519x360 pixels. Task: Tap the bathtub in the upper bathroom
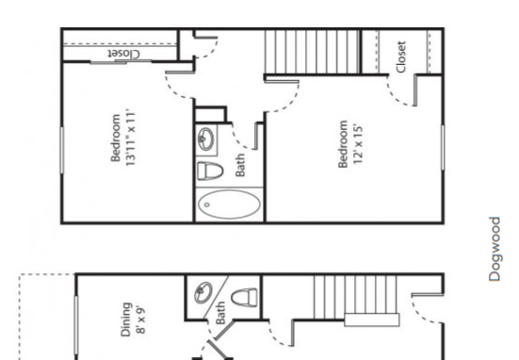pyautogui.click(x=229, y=205)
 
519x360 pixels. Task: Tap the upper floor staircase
pyautogui.click(x=313, y=52)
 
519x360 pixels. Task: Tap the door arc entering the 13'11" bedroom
pyautogui.click(x=178, y=79)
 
